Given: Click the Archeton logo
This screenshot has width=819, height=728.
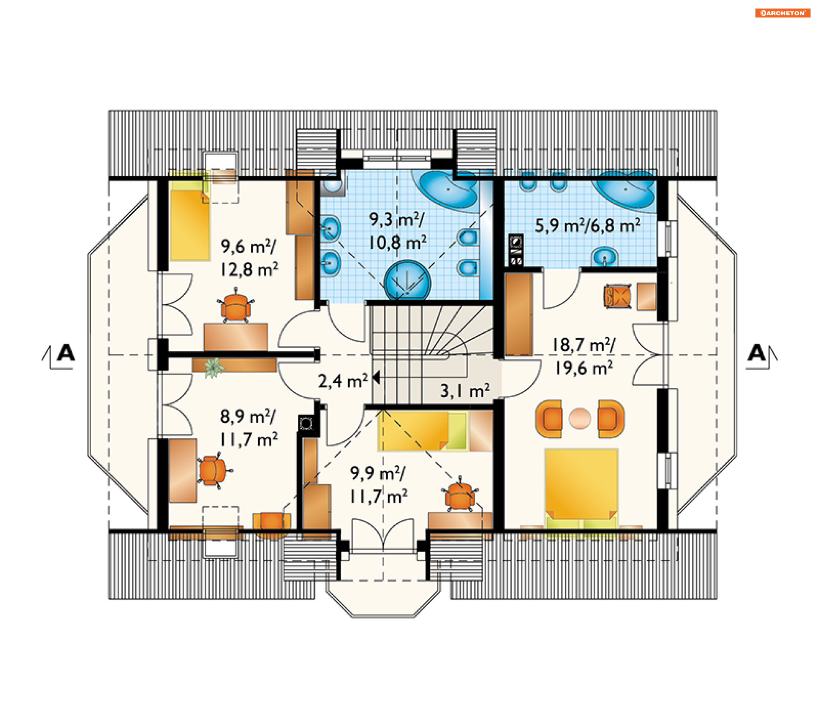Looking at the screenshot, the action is [782, 13].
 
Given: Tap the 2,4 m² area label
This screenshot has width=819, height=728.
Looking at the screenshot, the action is [343, 381].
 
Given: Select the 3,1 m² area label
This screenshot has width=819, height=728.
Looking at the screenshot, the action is [465, 390].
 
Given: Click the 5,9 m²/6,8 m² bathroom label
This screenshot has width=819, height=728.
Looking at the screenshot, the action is [587, 225].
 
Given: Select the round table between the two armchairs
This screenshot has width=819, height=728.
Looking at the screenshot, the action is [580, 418].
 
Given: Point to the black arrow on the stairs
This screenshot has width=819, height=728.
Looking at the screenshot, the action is [376, 378].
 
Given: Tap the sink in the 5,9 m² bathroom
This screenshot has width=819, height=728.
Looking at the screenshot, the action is [604, 257].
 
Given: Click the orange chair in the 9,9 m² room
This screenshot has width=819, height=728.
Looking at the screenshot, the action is [459, 495].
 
